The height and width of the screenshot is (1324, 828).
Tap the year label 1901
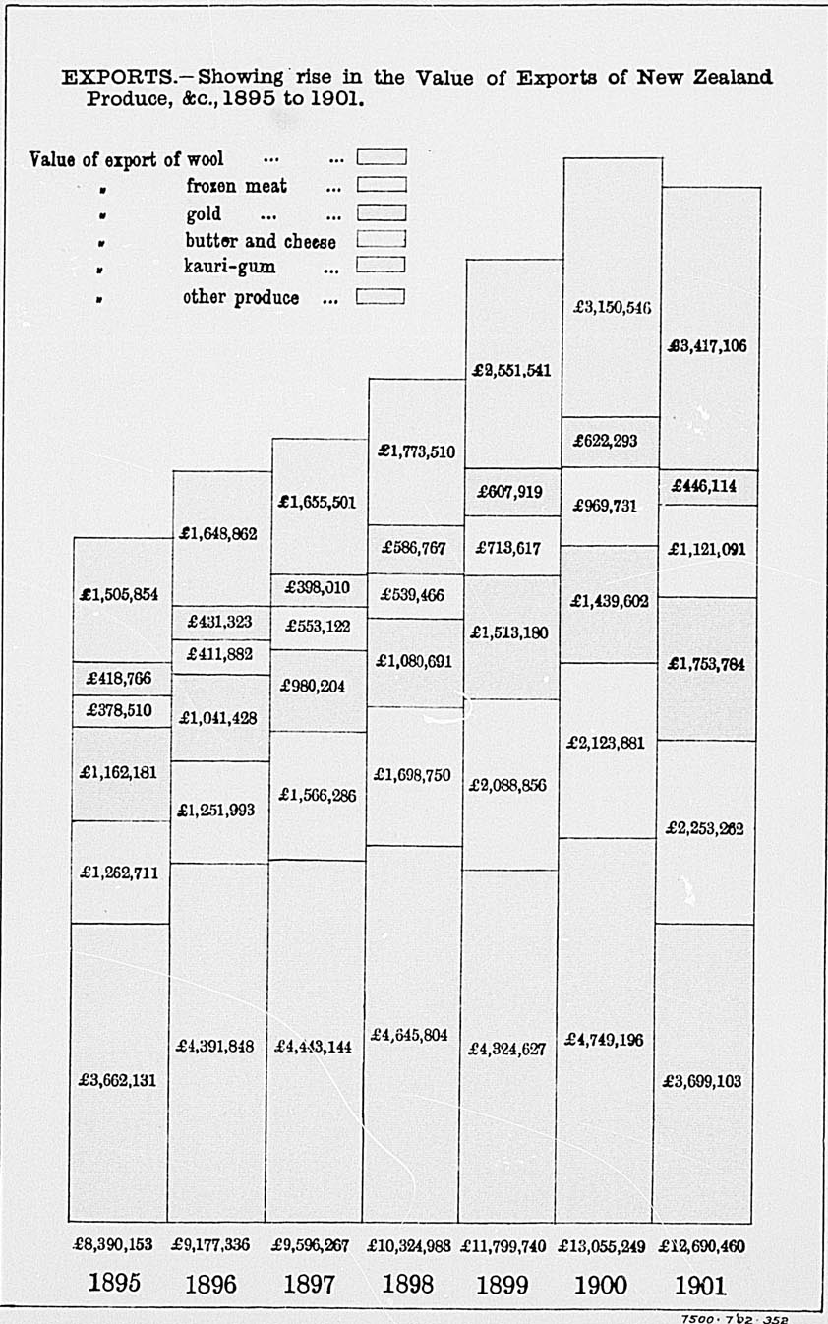tap(700, 1284)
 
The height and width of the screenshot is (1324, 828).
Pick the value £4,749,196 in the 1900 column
tap(604, 1040)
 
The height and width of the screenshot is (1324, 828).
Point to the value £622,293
tap(605, 442)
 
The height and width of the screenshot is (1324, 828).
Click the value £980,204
tap(313, 687)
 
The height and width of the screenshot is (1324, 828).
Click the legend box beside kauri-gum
tap(382, 264)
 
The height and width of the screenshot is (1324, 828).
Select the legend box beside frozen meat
tap(382, 184)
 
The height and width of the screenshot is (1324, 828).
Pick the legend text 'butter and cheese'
tap(261, 241)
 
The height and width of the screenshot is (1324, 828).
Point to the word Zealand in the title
tap(731, 78)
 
